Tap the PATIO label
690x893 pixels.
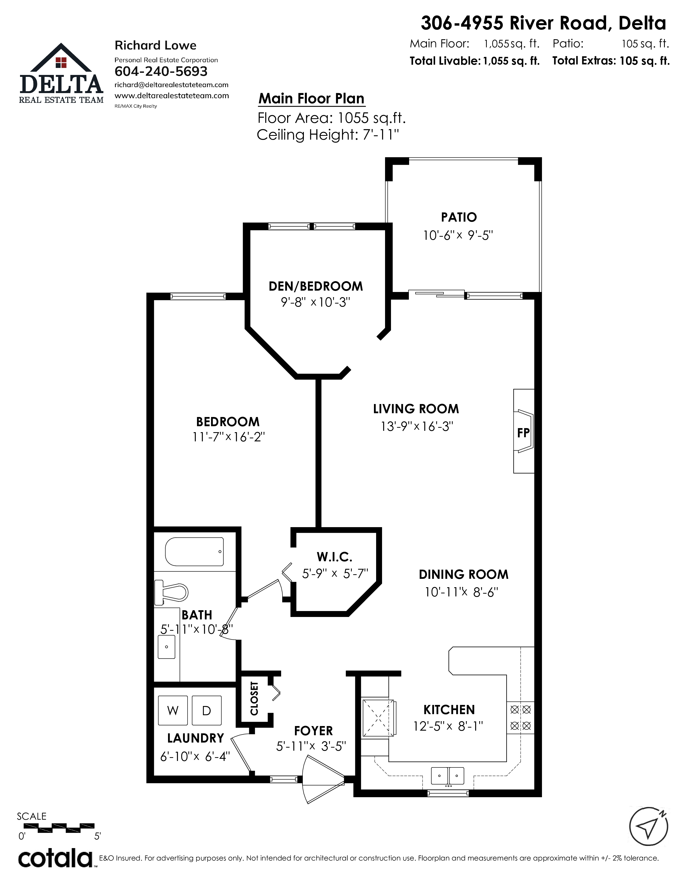tap(459, 217)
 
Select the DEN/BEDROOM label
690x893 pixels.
tap(316, 286)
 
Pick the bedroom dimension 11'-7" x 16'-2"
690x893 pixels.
tap(229, 437)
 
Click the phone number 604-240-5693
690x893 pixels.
tap(161, 71)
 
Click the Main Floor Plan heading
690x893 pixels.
tap(311, 99)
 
